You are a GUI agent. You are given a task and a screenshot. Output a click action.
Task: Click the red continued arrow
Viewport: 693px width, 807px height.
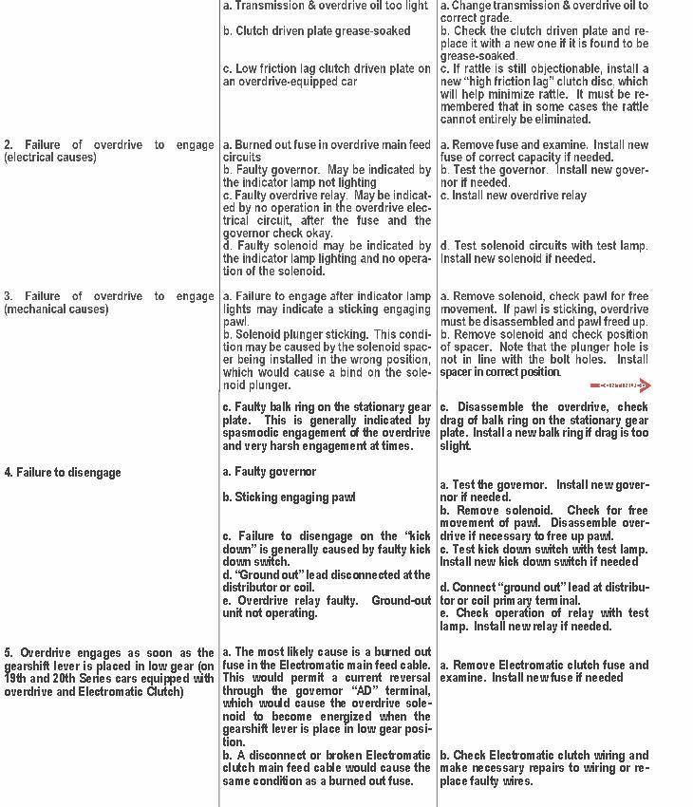[x=621, y=385]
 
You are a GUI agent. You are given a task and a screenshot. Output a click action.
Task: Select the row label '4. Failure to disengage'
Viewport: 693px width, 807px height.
[x=63, y=473]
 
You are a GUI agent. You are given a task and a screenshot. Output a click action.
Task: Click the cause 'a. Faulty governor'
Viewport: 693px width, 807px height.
[x=270, y=472]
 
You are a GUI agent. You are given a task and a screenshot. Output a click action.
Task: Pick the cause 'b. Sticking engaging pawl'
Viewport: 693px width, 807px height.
[x=289, y=497]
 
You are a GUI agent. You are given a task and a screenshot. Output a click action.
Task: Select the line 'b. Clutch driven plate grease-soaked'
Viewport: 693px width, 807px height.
[x=317, y=31]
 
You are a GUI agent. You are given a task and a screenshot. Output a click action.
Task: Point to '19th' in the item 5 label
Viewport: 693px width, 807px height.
[x=17, y=679]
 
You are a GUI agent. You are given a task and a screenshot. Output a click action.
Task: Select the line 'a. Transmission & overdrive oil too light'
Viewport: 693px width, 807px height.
[x=326, y=6]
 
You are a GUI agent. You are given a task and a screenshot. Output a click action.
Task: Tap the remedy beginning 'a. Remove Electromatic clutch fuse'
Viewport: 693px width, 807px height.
[x=545, y=666]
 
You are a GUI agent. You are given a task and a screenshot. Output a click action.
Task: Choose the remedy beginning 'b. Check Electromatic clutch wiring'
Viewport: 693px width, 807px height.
[x=545, y=756]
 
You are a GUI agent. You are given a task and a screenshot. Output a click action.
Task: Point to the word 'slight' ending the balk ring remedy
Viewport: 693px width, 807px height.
[x=455, y=446]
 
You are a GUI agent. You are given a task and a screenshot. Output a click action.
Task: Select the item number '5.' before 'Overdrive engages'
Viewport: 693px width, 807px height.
[x=9, y=653]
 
